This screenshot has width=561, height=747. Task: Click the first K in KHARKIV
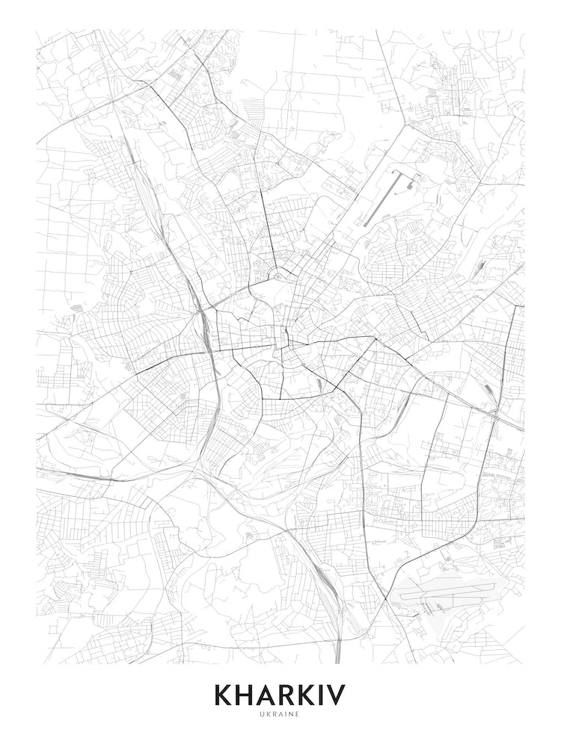point(224,695)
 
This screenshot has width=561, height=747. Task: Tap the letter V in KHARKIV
point(334,695)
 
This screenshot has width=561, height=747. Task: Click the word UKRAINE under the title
point(280,714)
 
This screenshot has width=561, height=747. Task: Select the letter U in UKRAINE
point(263,714)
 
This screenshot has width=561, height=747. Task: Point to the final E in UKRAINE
point(298,714)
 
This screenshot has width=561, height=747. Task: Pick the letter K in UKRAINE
point(269,714)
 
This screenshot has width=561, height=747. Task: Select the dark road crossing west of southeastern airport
point(385,598)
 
